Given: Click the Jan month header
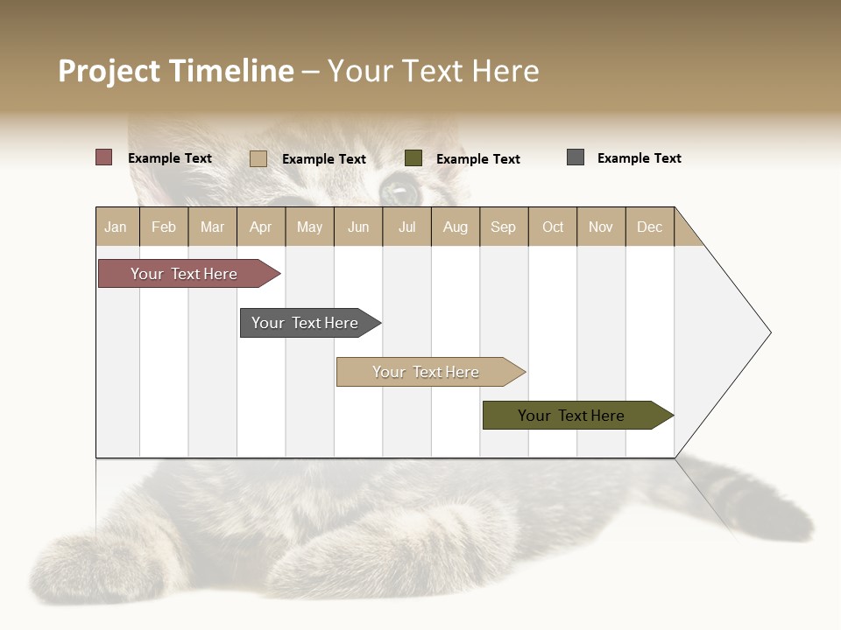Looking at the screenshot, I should (x=117, y=227).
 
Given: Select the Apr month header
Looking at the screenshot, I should (x=261, y=227).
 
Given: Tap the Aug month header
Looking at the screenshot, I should (x=456, y=227).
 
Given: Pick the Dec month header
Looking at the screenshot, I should (x=649, y=227).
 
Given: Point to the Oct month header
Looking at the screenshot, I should (x=553, y=227).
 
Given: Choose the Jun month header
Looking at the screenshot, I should (x=358, y=227).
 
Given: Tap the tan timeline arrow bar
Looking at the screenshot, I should (x=427, y=372).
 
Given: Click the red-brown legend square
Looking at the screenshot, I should (x=103, y=157).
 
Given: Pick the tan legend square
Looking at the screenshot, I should (x=258, y=158).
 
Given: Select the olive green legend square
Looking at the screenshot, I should (x=413, y=158).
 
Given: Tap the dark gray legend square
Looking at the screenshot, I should (x=576, y=157).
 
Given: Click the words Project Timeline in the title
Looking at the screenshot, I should (x=175, y=71).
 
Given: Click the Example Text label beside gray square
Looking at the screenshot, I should (x=639, y=158).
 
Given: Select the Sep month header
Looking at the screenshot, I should (x=504, y=227).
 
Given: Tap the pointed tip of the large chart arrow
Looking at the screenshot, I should (x=768, y=332).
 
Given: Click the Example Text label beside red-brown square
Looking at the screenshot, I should (x=169, y=158).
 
